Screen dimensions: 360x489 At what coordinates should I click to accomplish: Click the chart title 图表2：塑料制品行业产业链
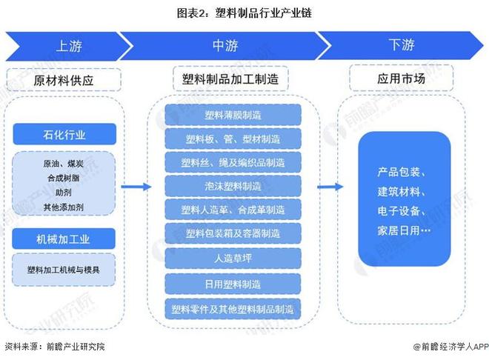point(243,13)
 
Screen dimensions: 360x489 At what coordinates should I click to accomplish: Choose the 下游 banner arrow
point(401,45)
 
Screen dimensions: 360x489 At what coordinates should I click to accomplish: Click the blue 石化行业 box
point(64,135)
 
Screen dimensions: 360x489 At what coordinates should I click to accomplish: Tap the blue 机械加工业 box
point(64,238)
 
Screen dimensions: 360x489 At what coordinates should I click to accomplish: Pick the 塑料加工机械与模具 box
point(64,270)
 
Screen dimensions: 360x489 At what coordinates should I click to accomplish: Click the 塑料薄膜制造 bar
point(233,115)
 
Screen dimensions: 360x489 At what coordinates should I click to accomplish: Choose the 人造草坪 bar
point(233,259)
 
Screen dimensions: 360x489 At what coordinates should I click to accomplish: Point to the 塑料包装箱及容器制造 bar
point(233,234)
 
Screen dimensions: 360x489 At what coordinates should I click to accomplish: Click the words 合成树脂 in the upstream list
point(64,178)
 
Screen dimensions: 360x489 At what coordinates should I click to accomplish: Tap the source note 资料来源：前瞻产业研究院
point(54,347)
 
